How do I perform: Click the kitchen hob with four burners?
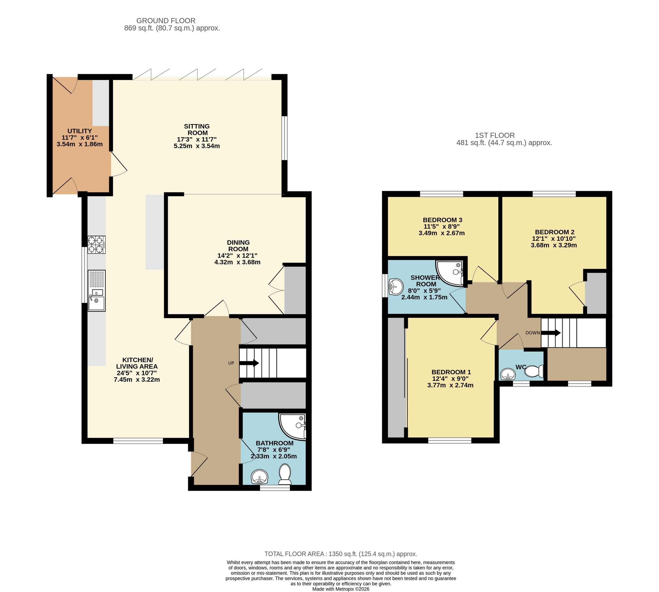[x=97, y=244]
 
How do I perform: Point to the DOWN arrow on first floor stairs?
[x=551, y=333]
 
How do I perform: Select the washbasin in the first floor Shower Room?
[x=395, y=287]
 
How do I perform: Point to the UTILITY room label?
[x=80, y=131]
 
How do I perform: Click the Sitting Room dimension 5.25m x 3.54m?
[x=197, y=146]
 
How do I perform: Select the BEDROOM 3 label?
[x=442, y=220]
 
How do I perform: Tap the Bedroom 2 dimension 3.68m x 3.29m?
[x=554, y=245]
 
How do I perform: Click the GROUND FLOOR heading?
[x=166, y=21]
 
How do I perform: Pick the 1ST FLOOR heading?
[x=495, y=135]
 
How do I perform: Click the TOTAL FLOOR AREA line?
[x=341, y=554]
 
